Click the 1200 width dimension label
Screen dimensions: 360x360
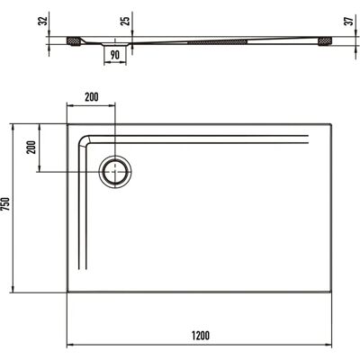click(x=201, y=336)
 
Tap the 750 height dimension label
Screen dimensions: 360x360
click(x=6, y=204)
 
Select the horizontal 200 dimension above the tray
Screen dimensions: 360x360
click(x=91, y=97)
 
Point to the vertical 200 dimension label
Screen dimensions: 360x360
click(x=31, y=147)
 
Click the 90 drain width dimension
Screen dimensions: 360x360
click(x=115, y=55)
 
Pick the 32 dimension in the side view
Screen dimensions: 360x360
click(x=44, y=21)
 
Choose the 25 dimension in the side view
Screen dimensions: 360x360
click(x=126, y=21)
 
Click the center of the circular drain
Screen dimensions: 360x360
click(x=115, y=172)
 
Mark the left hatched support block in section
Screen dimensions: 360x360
click(x=73, y=41)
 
